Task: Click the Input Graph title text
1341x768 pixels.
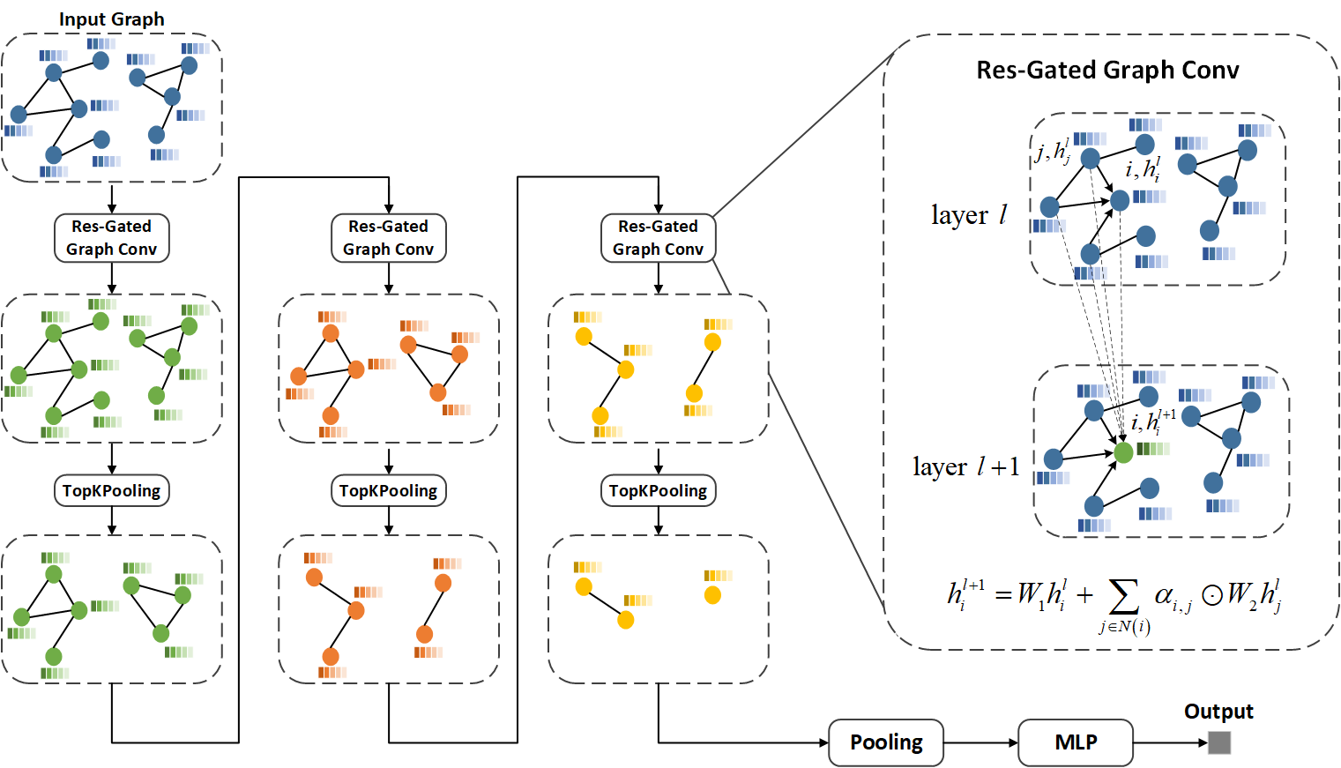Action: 111,19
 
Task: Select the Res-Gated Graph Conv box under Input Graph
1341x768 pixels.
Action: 112,238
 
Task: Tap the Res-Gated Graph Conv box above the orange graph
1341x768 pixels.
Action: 389,238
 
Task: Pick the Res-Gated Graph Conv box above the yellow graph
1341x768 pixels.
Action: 659,238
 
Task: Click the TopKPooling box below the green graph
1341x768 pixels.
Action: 112,491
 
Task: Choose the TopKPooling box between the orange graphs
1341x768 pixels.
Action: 389,491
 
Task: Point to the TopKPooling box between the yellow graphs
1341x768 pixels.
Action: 659,491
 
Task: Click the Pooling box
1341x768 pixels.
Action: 886,742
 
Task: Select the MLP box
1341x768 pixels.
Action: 1076,742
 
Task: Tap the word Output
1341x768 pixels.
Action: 1218,712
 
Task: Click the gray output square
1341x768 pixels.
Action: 1219,742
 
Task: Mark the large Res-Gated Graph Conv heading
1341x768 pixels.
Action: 1107,71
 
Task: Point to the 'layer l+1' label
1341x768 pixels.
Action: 965,466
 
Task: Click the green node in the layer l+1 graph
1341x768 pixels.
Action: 1123,452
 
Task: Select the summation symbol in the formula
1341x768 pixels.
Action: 1122,597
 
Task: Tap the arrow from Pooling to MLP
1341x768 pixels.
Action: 980,742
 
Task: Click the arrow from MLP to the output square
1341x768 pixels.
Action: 1170,742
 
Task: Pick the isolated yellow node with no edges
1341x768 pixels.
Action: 712,595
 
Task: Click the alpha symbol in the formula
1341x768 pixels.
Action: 1164,595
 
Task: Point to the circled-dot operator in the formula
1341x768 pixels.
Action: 1212,596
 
